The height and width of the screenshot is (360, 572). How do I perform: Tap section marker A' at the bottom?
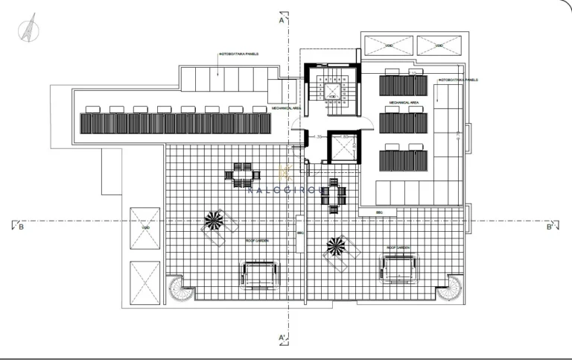click(283, 338)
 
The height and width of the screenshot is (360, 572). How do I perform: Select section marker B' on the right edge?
click(549, 227)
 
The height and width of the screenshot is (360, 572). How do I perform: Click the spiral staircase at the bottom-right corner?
click(449, 288)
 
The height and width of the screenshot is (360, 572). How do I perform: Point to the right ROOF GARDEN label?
click(398, 247)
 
